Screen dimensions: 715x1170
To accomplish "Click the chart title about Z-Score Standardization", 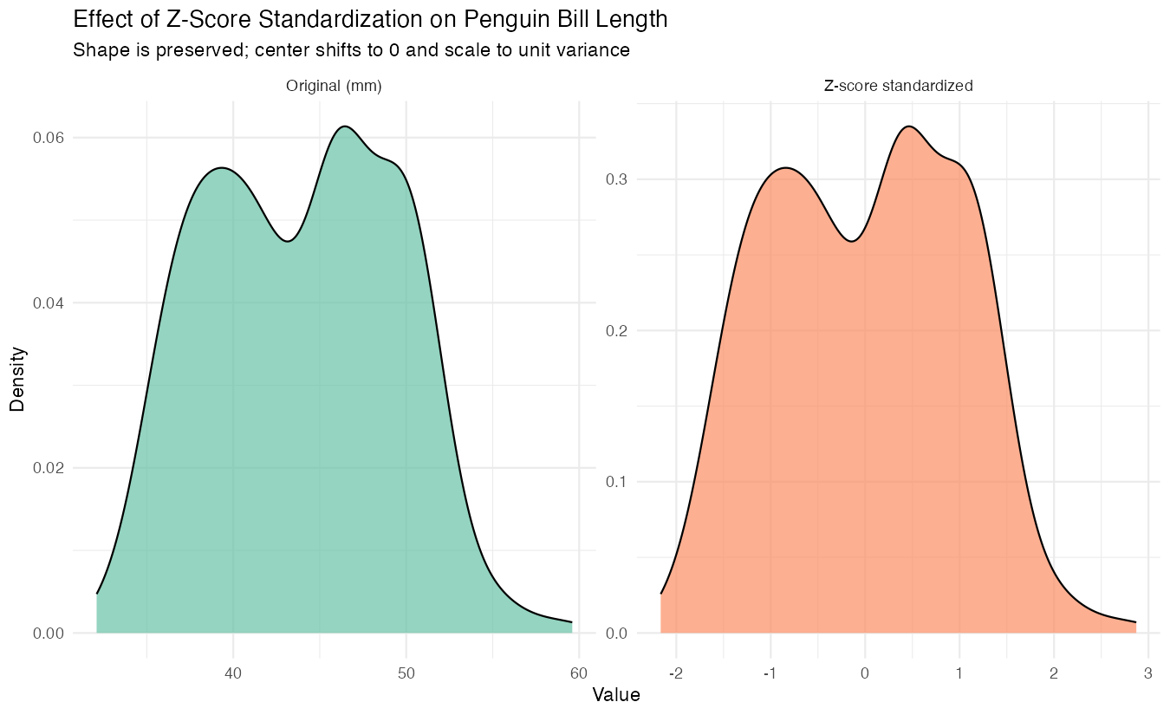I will [x=371, y=19].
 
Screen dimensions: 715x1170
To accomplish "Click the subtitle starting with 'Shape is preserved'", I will [x=351, y=50].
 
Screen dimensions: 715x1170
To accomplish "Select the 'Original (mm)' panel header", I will [x=334, y=86].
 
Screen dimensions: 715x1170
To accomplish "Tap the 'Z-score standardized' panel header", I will [x=898, y=86].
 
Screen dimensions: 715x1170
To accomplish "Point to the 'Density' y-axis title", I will [x=17, y=379].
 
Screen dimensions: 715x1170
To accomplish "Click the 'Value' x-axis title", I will [x=616, y=695].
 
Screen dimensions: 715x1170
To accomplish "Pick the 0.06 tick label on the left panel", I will [x=48, y=138].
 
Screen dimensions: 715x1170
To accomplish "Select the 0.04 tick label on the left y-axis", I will [x=48, y=303].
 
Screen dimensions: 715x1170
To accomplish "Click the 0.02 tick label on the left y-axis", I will [x=48, y=468].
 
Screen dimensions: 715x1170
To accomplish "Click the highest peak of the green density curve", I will [x=345, y=127].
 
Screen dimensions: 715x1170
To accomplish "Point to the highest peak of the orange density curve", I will [x=907, y=127].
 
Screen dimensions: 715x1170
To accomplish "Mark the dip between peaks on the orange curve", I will [x=852, y=241].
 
